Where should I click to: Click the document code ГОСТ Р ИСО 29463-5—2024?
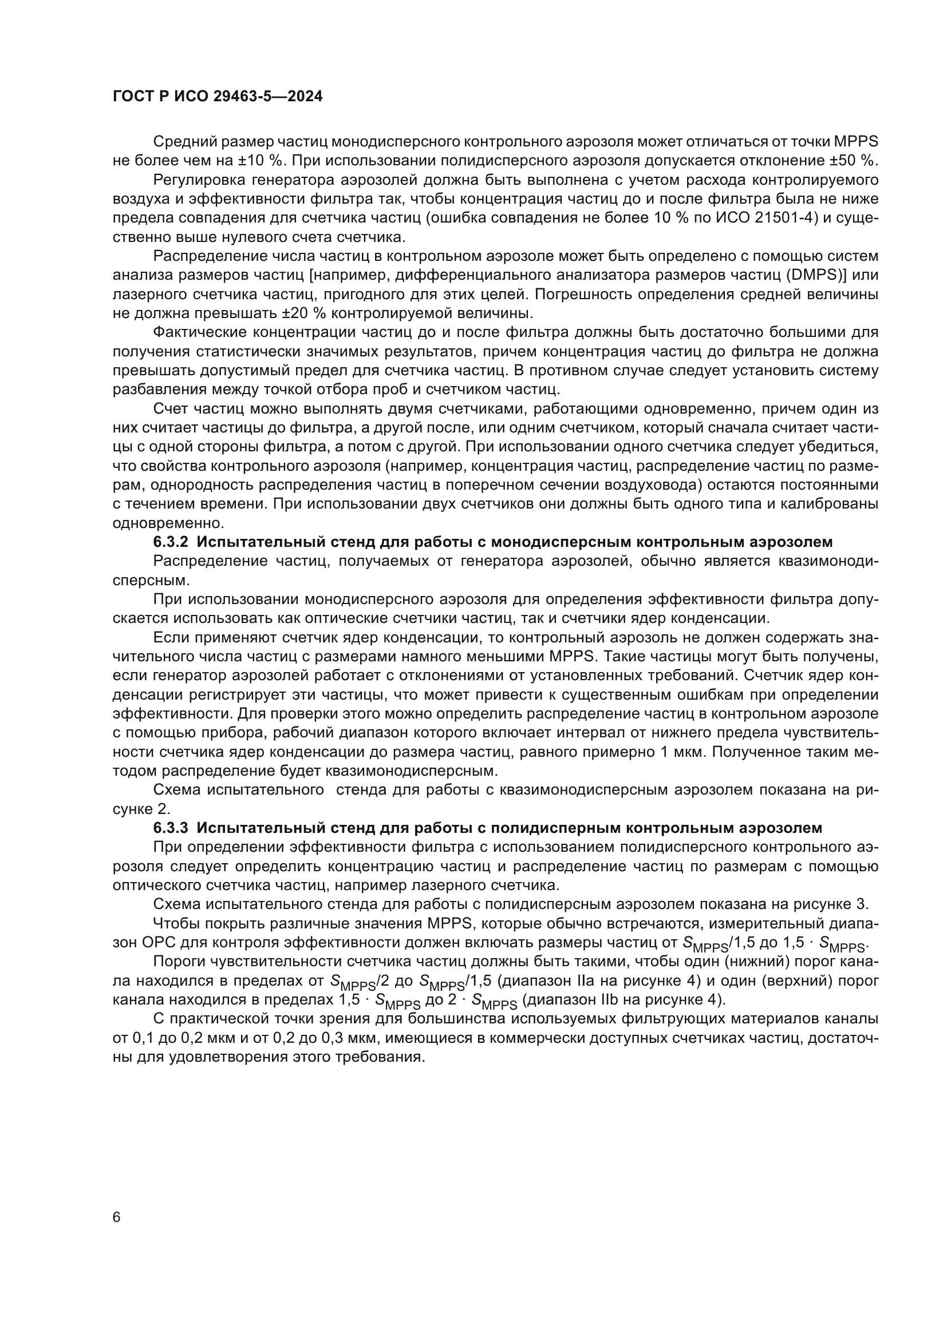pyautogui.click(x=217, y=97)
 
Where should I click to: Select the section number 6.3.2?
pyautogui.click(x=170, y=542)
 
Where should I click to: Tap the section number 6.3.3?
pyautogui.click(x=170, y=828)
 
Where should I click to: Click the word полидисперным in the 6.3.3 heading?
pyautogui.click(x=549, y=828)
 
